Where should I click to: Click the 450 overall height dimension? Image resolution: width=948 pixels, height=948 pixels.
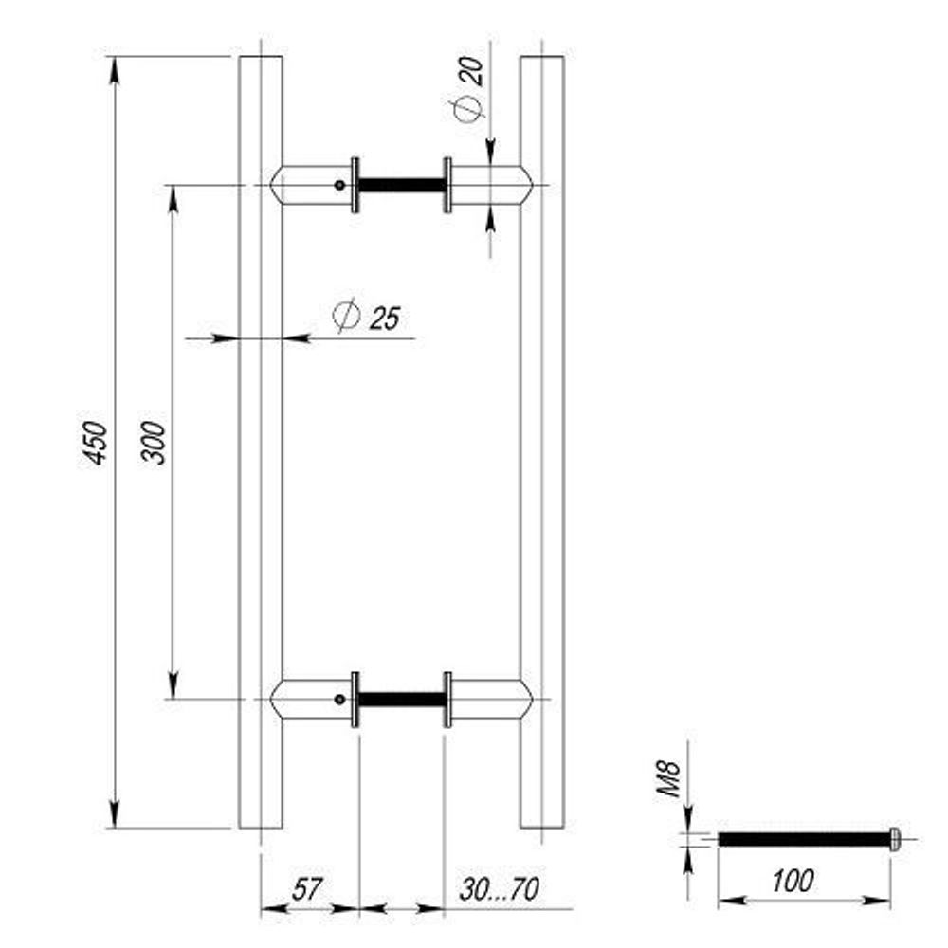[95, 442]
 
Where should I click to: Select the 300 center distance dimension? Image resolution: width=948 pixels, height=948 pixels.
[155, 442]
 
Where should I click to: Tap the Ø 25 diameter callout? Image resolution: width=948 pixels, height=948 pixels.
[367, 317]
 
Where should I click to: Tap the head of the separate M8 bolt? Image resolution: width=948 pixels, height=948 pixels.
[894, 838]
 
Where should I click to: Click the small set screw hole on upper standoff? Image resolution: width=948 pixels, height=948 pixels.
[338, 186]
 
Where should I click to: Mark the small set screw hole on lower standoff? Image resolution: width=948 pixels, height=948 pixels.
[338, 700]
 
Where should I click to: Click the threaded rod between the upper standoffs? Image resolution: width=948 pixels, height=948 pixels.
[401, 186]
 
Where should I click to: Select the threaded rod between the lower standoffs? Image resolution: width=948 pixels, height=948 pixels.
[401, 700]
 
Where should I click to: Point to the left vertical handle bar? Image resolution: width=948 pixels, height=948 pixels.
[260, 442]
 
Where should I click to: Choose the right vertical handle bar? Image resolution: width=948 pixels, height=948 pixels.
[542, 442]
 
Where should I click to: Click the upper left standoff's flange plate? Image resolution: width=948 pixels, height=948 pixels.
[355, 186]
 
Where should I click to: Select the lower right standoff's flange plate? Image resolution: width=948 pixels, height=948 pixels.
[447, 700]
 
